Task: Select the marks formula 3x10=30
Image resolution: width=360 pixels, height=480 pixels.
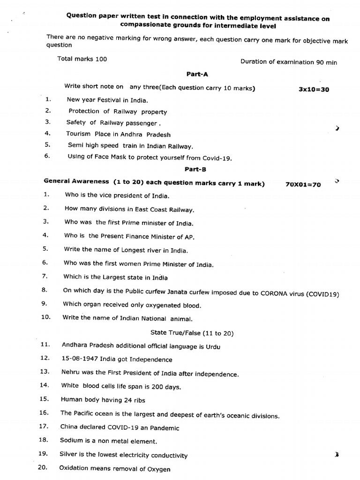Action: [314, 90]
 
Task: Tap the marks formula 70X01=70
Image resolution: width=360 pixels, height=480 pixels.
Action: [303, 185]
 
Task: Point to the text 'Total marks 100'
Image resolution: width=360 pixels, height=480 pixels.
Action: [82, 59]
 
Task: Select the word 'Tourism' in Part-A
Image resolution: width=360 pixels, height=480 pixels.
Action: [78, 134]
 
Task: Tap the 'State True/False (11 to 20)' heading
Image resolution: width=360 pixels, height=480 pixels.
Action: [192, 333]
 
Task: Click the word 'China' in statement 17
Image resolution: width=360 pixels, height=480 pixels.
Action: [68, 427]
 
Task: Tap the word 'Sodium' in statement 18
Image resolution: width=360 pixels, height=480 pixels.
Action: [70, 441]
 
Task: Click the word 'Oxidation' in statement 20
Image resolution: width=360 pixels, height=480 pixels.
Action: [74, 469]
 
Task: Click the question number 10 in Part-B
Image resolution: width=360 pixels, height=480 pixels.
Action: [45, 317]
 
